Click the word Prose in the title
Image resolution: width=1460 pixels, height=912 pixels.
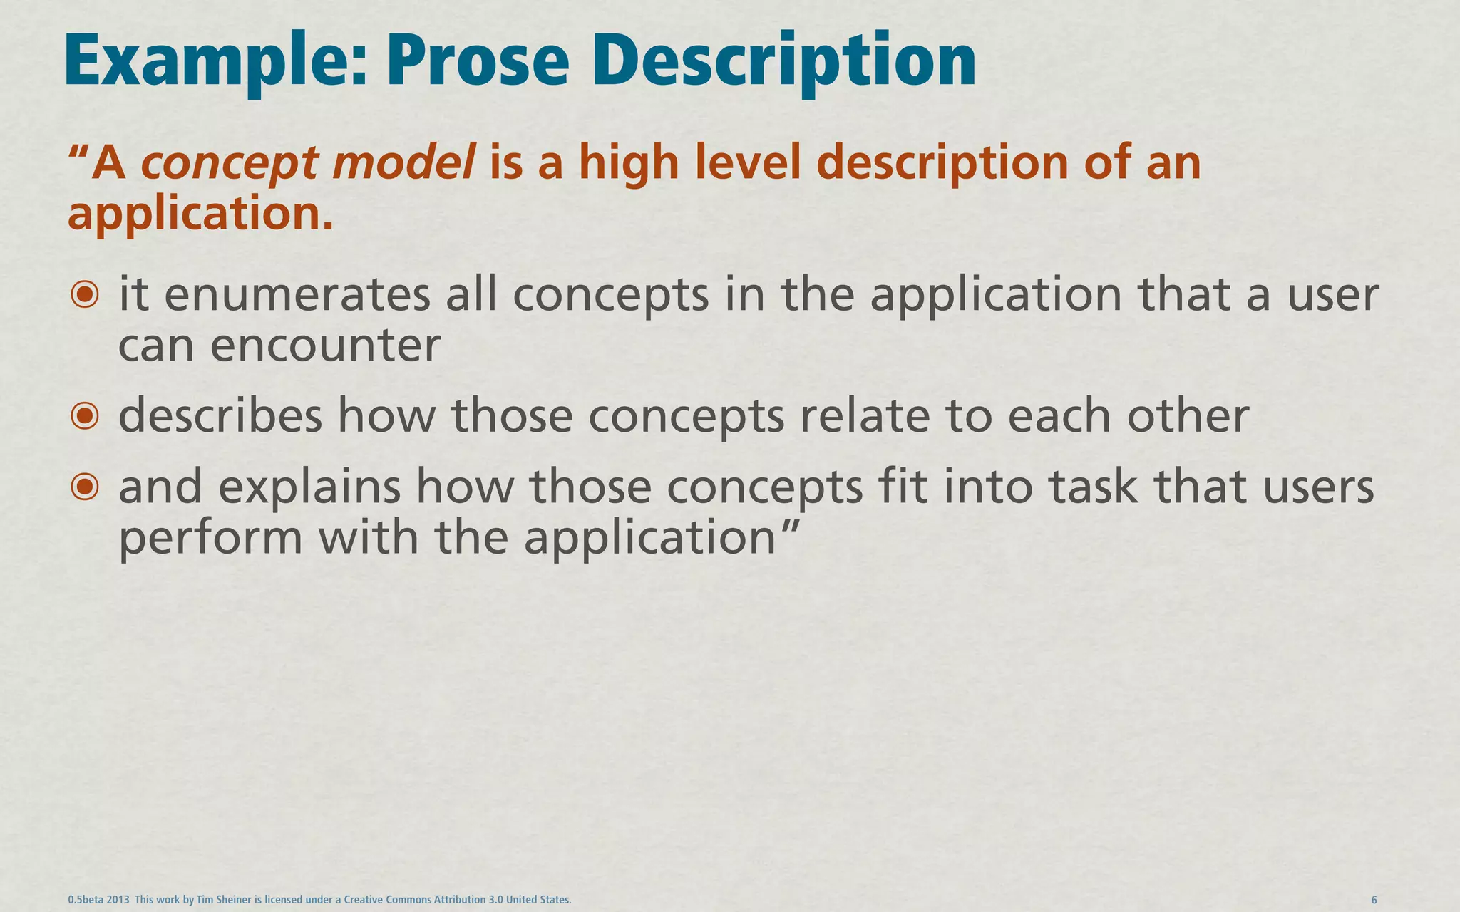(478, 63)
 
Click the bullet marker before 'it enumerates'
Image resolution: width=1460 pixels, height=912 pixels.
(85, 294)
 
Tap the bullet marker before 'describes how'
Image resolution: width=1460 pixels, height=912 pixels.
(85, 416)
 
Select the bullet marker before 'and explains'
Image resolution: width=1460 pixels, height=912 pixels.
(85, 487)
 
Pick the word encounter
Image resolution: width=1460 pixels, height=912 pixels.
(325, 346)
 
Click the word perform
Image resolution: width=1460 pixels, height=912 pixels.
(210, 539)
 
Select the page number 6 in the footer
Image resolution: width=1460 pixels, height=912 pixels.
(1374, 900)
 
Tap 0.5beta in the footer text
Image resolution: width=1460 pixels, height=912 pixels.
(85, 900)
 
